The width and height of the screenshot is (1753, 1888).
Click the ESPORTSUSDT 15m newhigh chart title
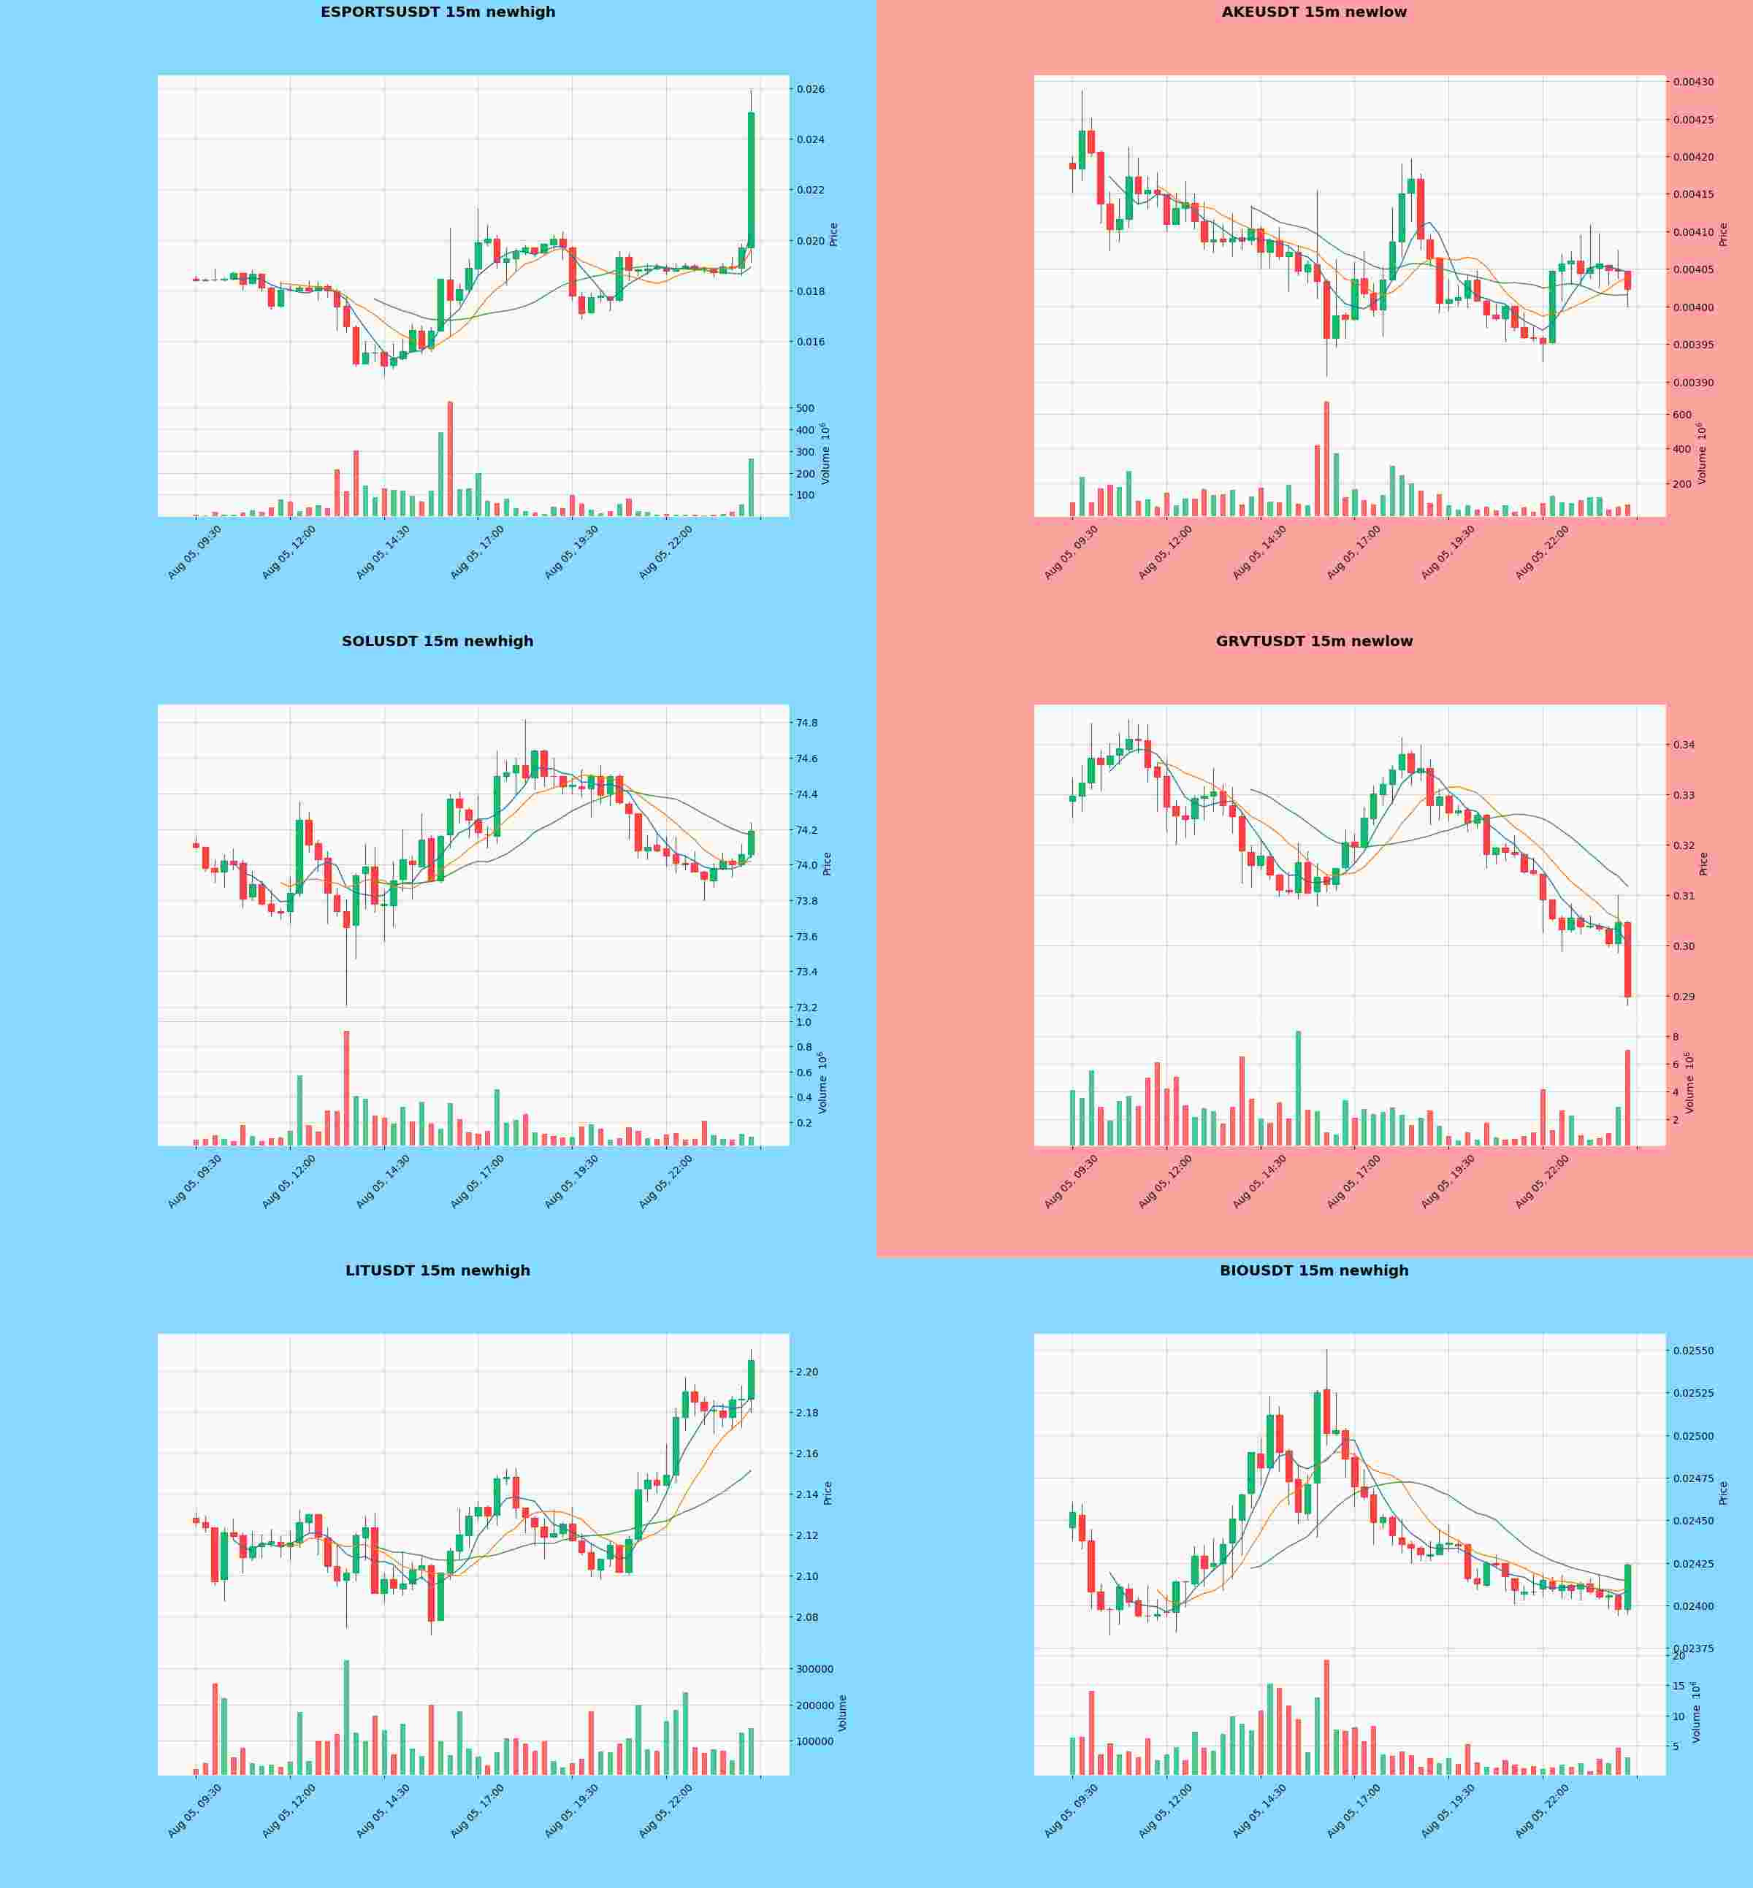(x=438, y=12)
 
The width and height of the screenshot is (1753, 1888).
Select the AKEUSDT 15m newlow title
(x=1314, y=12)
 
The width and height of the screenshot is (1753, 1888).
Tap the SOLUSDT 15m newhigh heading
(x=438, y=641)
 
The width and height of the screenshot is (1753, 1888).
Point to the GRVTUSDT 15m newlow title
(x=1314, y=641)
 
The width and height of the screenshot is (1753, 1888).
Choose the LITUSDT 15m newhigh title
(x=438, y=1270)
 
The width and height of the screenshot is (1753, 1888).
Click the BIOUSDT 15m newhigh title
(x=1314, y=1270)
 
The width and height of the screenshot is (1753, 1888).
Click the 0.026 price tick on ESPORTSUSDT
(x=811, y=90)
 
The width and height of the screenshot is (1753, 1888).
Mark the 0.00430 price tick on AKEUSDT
(x=1693, y=82)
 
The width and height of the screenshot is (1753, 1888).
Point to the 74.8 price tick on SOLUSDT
(x=807, y=724)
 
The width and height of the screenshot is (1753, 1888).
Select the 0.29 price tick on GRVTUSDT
(x=1684, y=997)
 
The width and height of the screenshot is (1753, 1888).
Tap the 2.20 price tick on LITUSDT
(x=807, y=1372)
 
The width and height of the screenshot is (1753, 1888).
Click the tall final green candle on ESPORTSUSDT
(x=752, y=180)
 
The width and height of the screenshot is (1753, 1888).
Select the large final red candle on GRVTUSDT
(x=1628, y=959)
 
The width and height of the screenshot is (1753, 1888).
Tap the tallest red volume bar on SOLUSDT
(x=346, y=1088)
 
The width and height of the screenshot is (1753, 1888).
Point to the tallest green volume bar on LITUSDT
(x=346, y=1717)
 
